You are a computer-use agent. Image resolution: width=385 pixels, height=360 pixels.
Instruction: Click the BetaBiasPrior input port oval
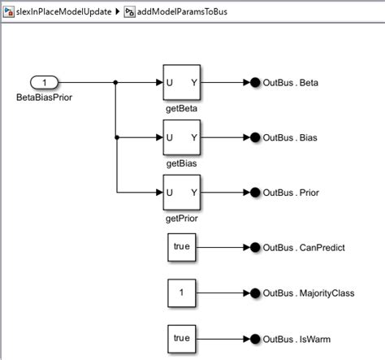click(x=44, y=81)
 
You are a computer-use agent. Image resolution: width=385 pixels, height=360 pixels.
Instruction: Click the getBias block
click(x=182, y=137)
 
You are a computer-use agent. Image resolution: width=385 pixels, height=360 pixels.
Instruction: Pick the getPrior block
click(x=182, y=193)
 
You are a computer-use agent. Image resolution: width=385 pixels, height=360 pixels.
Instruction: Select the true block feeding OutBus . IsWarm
click(x=181, y=337)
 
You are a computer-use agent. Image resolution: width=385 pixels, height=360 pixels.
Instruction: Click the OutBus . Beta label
click(x=291, y=83)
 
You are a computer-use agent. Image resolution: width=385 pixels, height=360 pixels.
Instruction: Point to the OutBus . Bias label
click(x=290, y=138)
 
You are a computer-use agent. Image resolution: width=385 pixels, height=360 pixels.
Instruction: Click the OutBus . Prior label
click(x=291, y=193)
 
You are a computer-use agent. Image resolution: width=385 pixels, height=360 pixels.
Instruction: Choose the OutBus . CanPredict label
click(x=304, y=247)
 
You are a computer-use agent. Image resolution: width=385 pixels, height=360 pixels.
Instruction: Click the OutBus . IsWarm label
click(x=296, y=337)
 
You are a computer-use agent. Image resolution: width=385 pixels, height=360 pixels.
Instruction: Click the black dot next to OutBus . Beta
click(x=255, y=82)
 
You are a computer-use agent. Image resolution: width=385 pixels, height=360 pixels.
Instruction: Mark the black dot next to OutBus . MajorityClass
click(x=255, y=293)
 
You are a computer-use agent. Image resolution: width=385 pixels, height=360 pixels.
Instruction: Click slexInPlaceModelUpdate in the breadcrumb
click(x=63, y=13)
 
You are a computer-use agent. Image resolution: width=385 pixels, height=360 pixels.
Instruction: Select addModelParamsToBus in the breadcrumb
click(x=178, y=13)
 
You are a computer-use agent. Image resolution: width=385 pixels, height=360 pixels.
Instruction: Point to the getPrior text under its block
click(x=182, y=218)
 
